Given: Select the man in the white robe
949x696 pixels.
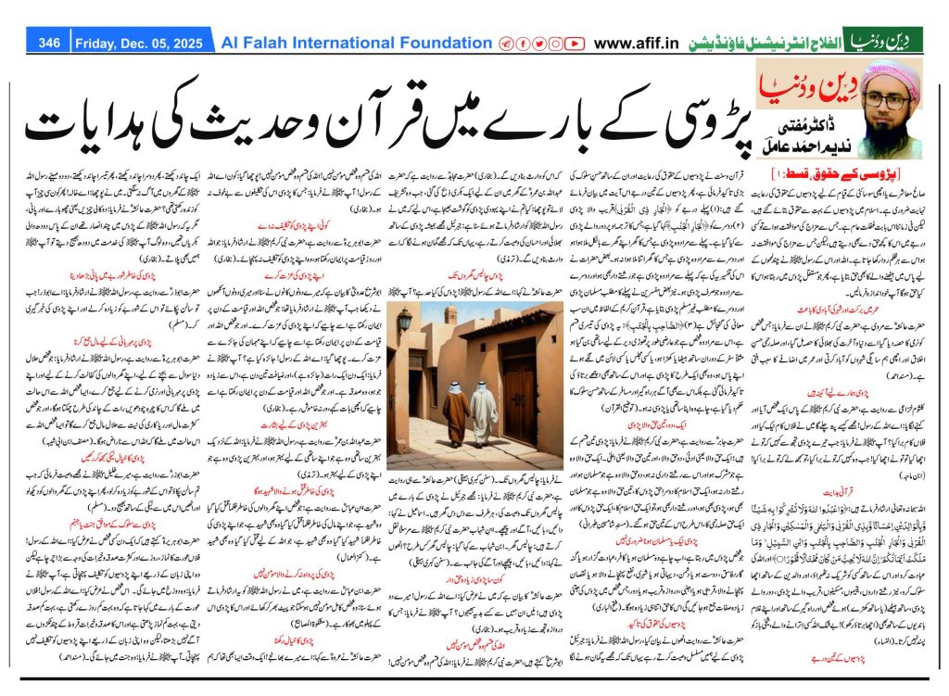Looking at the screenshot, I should (x=482, y=411).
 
